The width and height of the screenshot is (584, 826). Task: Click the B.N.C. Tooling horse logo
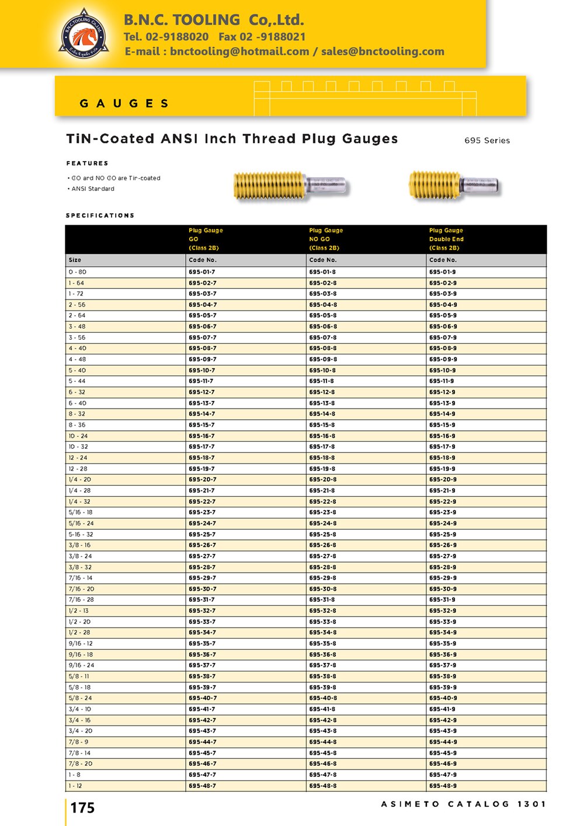pos(84,34)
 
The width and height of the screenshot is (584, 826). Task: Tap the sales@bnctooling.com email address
pos(383,51)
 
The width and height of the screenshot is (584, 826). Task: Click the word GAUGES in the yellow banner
pos(124,103)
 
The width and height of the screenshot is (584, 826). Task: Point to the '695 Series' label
pos(487,141)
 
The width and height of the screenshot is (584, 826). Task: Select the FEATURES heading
pos(87,163)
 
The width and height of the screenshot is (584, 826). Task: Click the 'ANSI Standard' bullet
pos(92,189)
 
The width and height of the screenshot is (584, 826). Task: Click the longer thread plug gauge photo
pos(289,186)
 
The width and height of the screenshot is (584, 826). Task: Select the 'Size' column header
pos(75,260)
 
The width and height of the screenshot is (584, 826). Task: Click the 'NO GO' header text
pos(319,239)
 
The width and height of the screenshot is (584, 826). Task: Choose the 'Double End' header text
pos(446,239)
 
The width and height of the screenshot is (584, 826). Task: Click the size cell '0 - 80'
pos(77,272)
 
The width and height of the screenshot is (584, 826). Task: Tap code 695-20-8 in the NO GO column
pos(322,479)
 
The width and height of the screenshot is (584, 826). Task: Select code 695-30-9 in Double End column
pos(443,589)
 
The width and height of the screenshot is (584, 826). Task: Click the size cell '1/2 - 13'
pos(79,611)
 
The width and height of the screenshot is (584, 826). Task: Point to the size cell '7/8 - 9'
pos(78,742)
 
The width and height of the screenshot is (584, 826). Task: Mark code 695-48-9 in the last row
pos(443,786)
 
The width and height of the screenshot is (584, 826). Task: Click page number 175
pos(82,808)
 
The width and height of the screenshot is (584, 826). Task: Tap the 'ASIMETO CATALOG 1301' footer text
pos(463,804)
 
